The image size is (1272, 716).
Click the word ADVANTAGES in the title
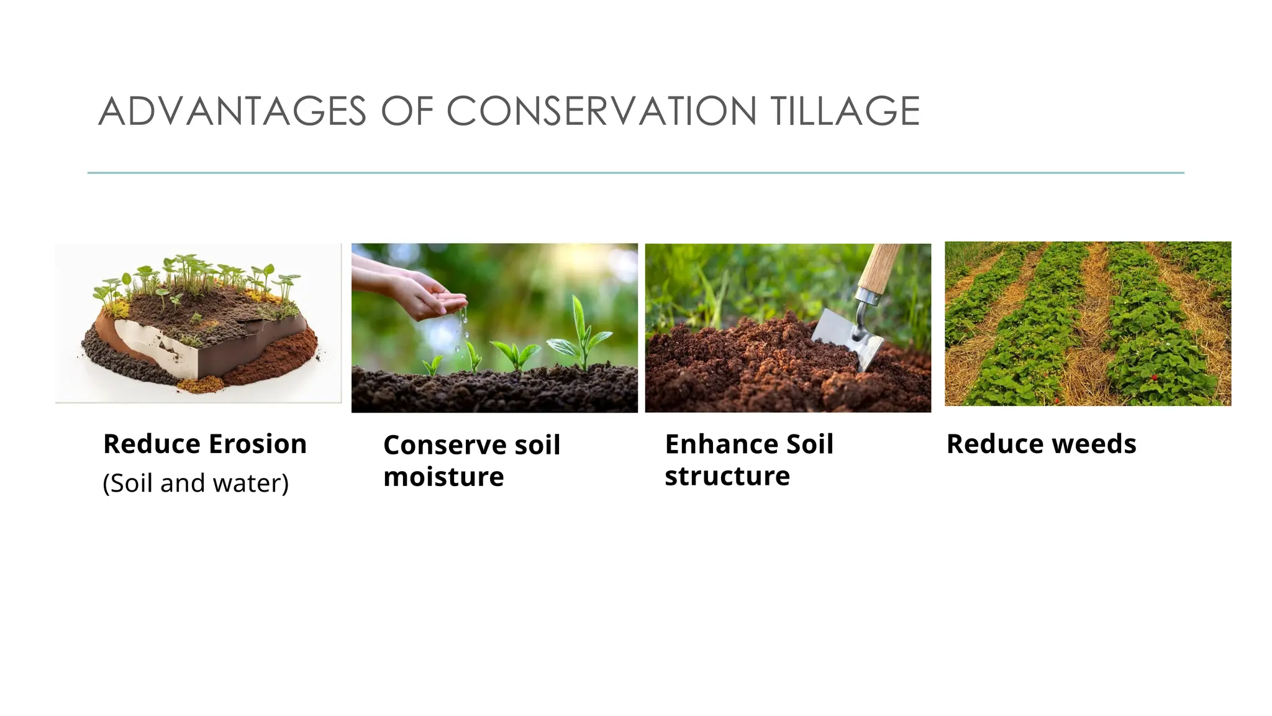pos(232,112)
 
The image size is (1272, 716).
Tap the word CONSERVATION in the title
pos(601,112)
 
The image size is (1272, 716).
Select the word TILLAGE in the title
pos(845,112)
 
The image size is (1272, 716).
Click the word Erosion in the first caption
pos(258,444)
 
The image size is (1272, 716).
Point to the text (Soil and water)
pos(196,484)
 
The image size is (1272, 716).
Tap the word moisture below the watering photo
pos(443,477)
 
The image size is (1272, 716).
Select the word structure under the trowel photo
pos(727,476)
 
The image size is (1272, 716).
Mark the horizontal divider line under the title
pos(635,173)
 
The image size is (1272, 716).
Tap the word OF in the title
pos(407,112)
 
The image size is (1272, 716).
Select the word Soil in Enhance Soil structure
pos(811,444)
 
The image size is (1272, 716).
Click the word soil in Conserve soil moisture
pos(537,445)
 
